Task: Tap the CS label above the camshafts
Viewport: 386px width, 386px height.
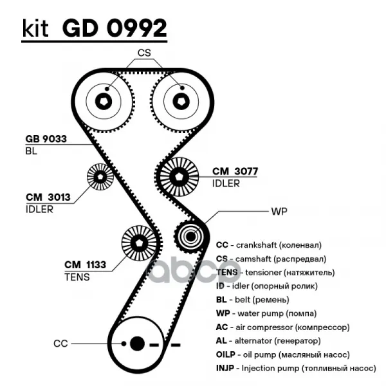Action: pyautogui.click(x=143, y=53)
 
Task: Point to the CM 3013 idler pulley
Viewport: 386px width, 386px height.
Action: pyautogui.click(x=100, y=176)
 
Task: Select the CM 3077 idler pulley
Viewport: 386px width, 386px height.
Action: pyautogui.click(x=179, y=174)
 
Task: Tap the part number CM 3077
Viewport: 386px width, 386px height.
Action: pyautogui.click(x=235, y=172)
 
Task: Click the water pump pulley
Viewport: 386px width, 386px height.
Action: pyautogui.click(x=190, y=237)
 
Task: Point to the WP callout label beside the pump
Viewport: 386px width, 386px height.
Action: pyautogui.click(x=278, y=210)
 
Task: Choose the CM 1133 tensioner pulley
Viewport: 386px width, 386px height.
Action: pyautogui.click(x=138, y=243)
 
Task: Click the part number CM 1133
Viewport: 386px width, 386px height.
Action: pyautogui.click(x=85, y=264)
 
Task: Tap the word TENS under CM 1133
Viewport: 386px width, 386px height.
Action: pyautogui.click(x=77, y=277)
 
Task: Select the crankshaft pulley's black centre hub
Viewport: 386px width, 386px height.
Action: pyautogui.click(x=136, y=344)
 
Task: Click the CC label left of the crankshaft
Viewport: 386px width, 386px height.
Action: pyautogui.click(x=60, y=344)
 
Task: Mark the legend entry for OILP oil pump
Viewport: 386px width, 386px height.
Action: pyautogui.click(x=282, y=354)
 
